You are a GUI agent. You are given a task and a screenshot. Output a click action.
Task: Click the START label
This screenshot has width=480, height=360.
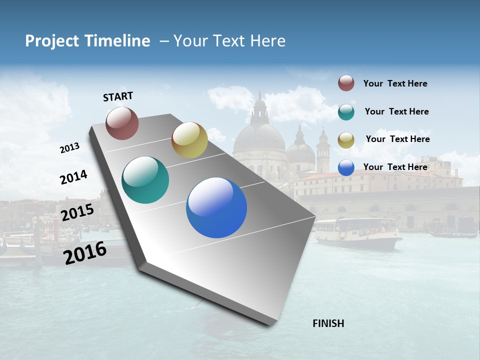point(118,96)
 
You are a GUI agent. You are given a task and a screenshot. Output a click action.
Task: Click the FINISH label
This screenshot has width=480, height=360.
point(328,323)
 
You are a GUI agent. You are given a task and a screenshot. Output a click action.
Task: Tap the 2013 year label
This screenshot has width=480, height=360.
point(70,148)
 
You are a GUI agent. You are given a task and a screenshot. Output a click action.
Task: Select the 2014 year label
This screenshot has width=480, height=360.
point(73,177)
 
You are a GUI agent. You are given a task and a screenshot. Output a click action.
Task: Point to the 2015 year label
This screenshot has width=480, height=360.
point(77,212)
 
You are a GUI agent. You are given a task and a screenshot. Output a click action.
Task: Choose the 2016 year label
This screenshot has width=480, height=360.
point(85,252)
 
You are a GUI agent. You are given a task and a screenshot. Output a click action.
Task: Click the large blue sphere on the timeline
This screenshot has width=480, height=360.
point(216,207)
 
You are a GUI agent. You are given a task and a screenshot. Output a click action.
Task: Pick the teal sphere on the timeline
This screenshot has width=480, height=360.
point(145,180)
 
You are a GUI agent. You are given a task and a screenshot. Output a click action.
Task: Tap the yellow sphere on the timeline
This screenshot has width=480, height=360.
point(189,140)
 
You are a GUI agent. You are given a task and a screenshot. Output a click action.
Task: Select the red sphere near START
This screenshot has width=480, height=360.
point(122,123)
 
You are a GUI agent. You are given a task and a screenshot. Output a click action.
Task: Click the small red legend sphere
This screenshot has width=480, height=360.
point(346,83)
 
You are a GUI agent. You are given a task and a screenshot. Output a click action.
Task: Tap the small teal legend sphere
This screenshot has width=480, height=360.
point(346,112)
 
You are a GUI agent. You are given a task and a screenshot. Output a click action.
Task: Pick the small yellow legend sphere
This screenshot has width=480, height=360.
point(346,140)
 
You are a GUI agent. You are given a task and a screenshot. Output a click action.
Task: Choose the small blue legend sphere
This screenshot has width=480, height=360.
point(346,167)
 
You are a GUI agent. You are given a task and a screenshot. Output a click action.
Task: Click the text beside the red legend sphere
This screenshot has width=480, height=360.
point(395,83)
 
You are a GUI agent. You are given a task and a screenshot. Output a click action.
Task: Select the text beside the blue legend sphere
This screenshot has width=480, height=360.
point(395,167)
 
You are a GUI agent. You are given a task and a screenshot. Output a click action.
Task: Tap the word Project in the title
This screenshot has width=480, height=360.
point(51,41)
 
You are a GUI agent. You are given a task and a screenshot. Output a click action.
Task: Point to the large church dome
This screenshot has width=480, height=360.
point(259,137)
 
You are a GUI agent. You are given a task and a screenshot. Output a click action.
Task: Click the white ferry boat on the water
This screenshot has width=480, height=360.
point(357,232)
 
